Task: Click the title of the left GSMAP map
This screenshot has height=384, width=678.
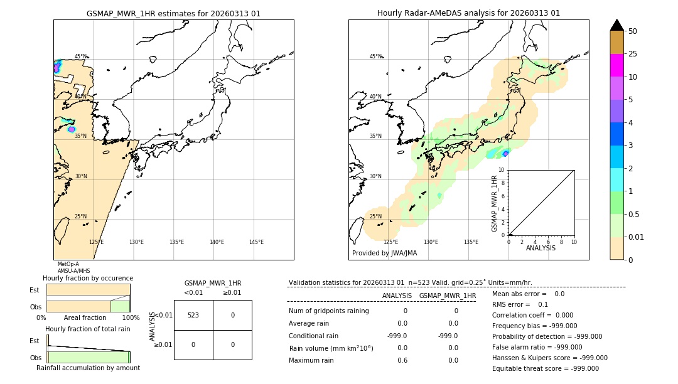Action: coord(173,13)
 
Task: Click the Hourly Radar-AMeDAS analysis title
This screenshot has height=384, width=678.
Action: coord(468,13)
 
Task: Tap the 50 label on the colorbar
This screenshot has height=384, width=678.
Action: coord(633,31)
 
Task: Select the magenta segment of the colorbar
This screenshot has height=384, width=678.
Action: coord(616,65)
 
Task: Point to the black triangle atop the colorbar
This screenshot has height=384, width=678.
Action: coord(616,25)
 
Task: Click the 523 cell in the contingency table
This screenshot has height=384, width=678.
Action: coord(193,315)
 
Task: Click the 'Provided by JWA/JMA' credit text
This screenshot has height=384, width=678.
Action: coord(384,253)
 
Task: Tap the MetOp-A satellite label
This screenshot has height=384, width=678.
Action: coord(67,264)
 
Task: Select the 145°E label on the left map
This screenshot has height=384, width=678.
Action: coord(256,242)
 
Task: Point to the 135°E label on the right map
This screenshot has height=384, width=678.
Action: coord(471,242)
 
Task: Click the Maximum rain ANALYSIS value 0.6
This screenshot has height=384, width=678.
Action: coord(402,360)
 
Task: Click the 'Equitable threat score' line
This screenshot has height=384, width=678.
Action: coord(545,368)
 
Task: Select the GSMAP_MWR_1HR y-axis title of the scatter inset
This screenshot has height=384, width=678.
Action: coord(494,204)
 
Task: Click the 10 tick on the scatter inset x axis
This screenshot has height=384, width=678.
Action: coord(574,242)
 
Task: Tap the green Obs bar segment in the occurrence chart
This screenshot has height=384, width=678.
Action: coord(120,306)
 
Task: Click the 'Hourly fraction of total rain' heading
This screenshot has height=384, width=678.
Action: coord(88,329)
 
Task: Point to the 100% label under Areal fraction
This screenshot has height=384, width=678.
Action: coord(131,317)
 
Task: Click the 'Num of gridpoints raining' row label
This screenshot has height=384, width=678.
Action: coord(329,311)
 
